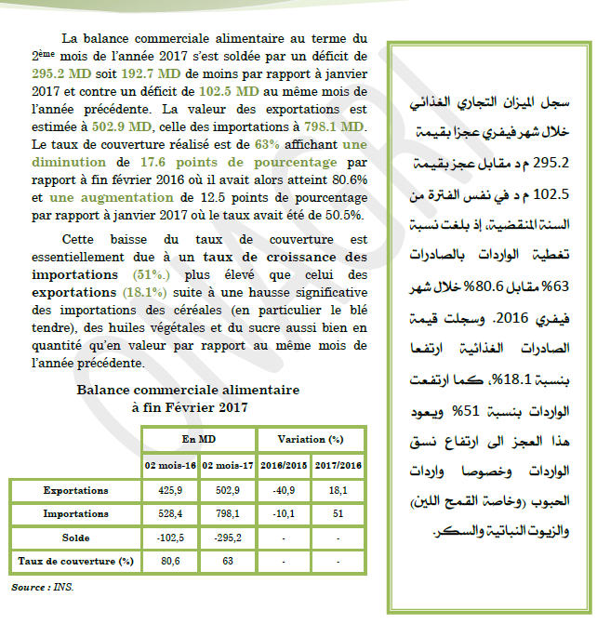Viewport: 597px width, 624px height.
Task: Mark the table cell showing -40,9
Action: click(x=282, y=489)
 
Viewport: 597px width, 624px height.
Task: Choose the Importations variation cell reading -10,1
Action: click(x=282, y=513)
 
